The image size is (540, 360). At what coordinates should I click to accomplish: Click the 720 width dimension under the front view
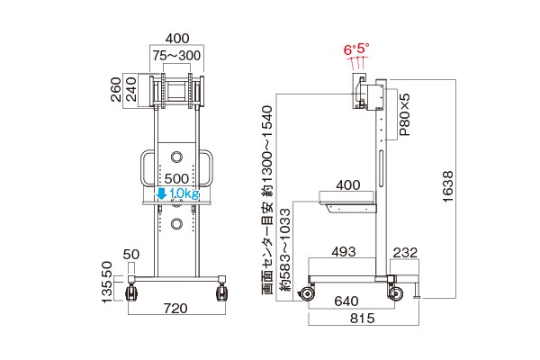(175, 309)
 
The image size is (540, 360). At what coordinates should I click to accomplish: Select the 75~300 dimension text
(176, 56)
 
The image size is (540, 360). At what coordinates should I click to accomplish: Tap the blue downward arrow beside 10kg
(161, 193)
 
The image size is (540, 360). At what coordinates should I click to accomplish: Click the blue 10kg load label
(184, 194)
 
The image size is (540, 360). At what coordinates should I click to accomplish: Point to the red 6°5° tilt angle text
(356, 49)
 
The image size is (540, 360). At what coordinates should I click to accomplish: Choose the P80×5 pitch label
(405, 114)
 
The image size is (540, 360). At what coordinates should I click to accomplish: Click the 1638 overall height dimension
(447, 186)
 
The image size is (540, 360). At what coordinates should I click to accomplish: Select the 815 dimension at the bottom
(363, 319)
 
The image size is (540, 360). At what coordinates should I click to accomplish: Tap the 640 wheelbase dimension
(346, 301)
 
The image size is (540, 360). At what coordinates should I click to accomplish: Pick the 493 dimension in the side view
(344, 252)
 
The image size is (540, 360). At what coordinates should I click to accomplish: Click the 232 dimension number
(405, 253)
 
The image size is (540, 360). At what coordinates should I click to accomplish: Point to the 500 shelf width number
(176, 179)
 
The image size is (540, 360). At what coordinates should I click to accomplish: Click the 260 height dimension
(116, 90)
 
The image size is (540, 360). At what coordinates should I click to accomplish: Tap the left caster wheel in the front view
(132, 293)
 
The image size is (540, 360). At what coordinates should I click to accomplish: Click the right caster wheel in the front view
(221, 293)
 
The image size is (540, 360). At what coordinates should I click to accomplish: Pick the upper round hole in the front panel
(176, 157)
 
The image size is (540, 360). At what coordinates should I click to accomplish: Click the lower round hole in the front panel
(176, 224)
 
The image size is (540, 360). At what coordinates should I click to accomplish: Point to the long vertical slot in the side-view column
(381, 168)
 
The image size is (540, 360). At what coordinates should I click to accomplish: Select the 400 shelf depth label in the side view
(348, 185)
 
